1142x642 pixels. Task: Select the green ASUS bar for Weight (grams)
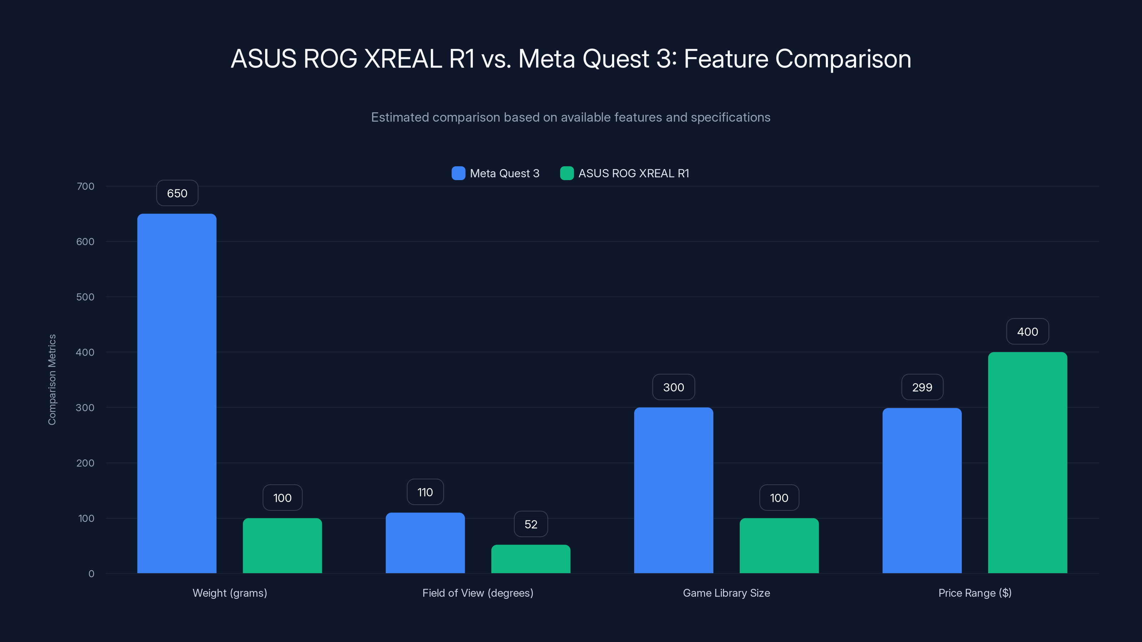[x=282, y=545]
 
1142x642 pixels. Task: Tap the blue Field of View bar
[x=425, y=543]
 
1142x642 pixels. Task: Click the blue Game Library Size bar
[x=673, y=490]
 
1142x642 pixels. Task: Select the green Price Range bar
[x=1027, y=463]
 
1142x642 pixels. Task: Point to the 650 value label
[x=177, y=193]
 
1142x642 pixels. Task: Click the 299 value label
[x=922, y=387]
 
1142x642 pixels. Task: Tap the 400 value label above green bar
[x=1027, y=332]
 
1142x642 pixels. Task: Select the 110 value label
[x=425, y=492]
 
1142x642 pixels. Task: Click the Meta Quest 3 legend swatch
[x=458, y=173]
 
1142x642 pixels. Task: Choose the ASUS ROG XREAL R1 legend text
[x=633, y=173]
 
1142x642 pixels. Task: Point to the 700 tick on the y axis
[x=85, y=186]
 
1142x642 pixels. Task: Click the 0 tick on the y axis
[x=91, y=574]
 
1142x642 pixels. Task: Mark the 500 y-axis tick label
[x=85, y=297]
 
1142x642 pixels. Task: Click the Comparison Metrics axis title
[x=52, y=380]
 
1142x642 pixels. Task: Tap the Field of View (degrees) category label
[x=477, y=593]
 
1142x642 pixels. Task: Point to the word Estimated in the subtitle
[x=399, y=117]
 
